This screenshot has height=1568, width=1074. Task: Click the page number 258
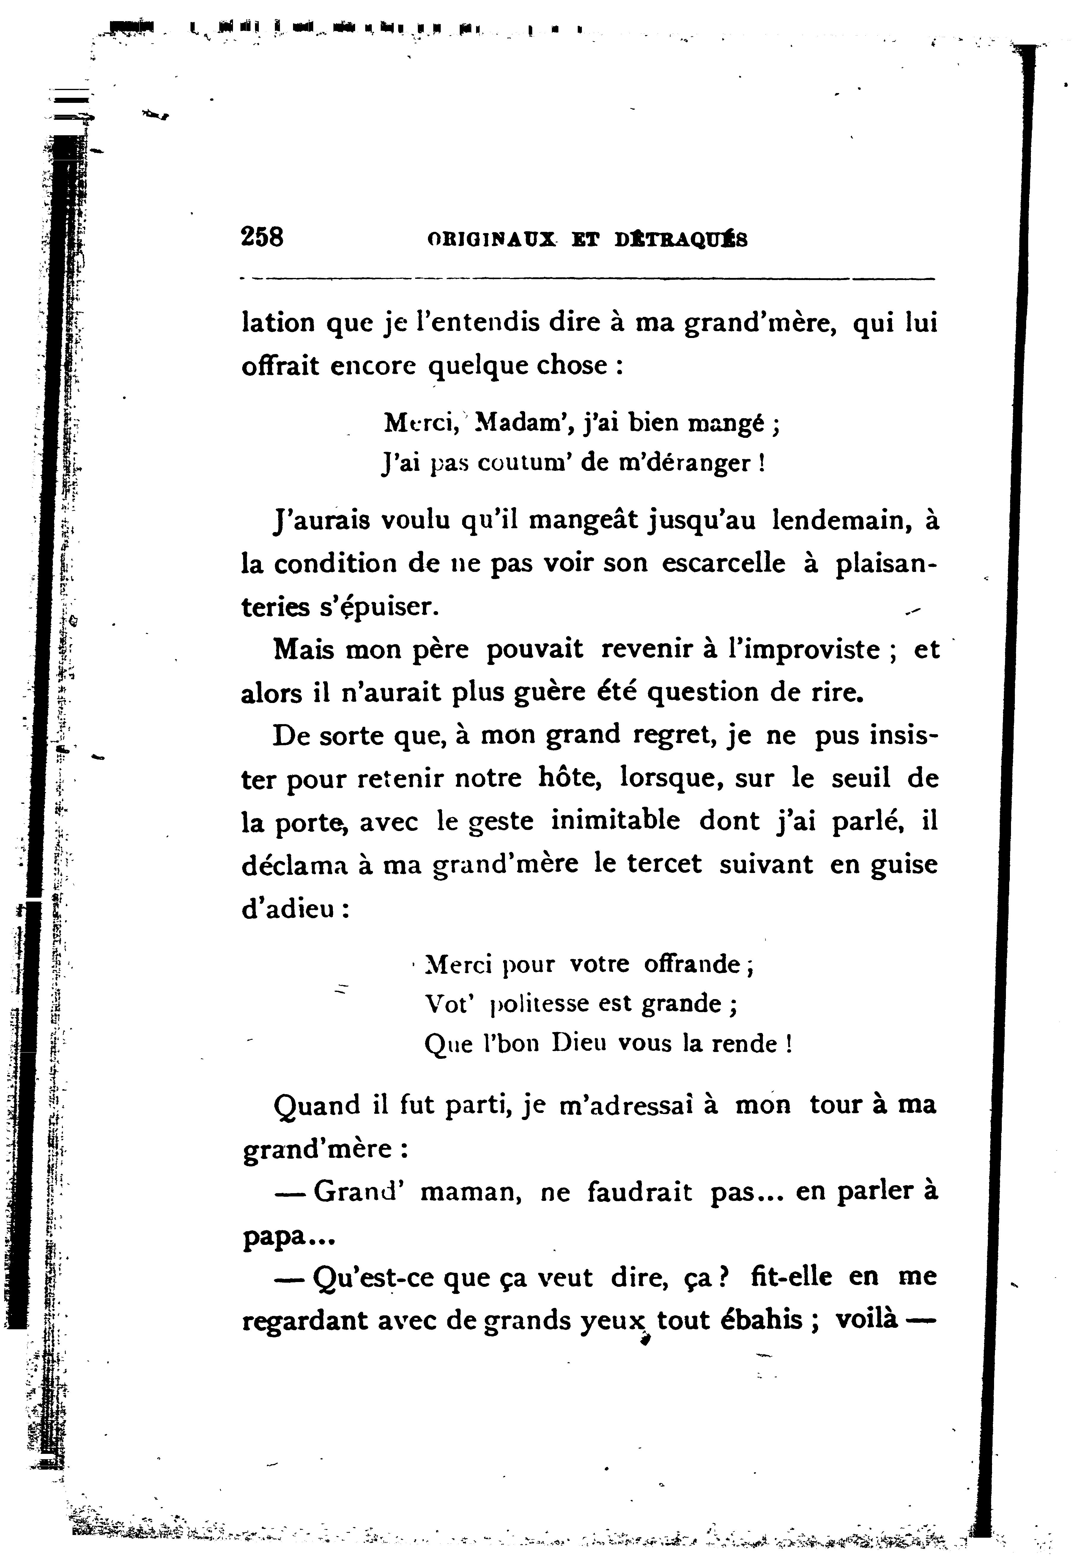click(x=262, y=238)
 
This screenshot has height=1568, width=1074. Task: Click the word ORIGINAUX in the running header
click(x=492, y=240)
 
